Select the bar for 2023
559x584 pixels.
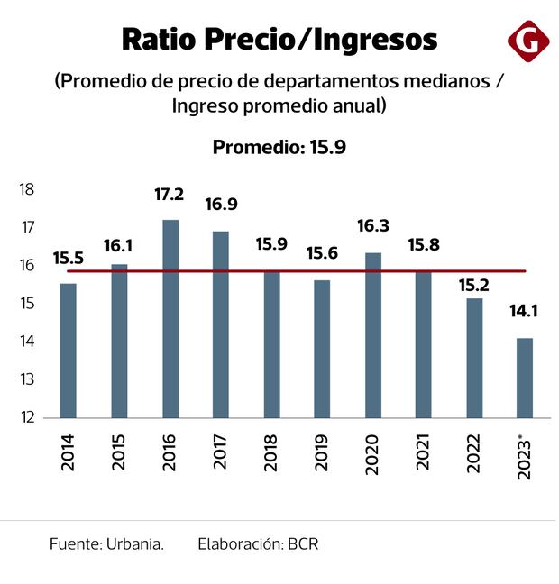[x=524, y=378]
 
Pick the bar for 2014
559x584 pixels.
[x=68, y=351]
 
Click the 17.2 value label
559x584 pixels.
[x=170, y=194]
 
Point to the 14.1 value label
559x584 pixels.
[x=524, y=313]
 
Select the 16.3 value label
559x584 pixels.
[x=372, y=228]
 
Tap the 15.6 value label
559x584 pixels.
[x=321, y=255]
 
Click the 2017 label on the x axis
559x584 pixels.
[x=221, y=452]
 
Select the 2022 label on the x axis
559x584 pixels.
[x=474, y=452]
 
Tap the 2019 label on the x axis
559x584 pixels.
[x=322, y=452]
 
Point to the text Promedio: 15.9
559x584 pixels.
[x=279, y=147]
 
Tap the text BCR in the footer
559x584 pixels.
[x=303, y=544]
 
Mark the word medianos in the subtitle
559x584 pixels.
[x=444, y=81]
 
